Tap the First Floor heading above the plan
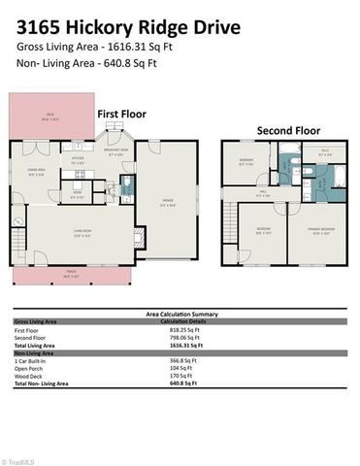point(121,114)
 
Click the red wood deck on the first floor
point(49,118)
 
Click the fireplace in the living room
point(139,233)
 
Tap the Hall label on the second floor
point(263,193)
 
